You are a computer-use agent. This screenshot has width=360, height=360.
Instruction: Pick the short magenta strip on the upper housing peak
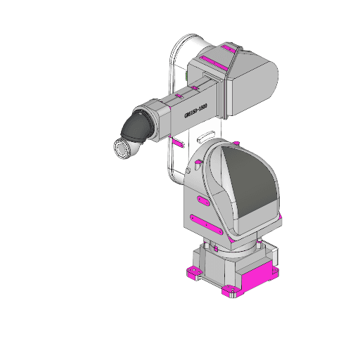click(230, 49)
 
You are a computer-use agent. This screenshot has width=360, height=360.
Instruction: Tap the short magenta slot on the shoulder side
click(202, 202)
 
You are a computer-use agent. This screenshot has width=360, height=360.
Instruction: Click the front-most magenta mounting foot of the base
click(229, 291)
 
